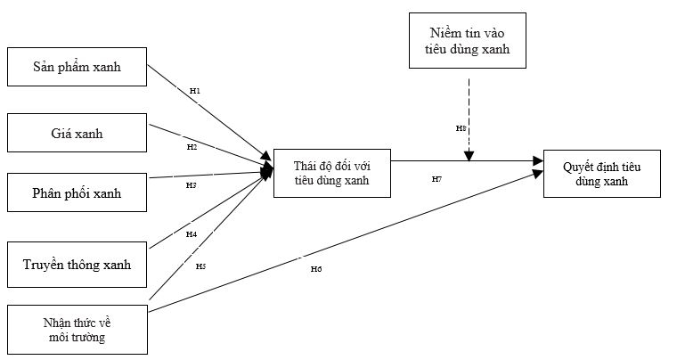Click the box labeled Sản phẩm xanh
(x=77, y=66)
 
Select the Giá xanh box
(x=77, y=133)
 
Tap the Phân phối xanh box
(x=77, y=192)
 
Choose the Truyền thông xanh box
(x=77, y=264)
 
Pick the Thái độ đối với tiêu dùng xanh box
(x=331, y=173)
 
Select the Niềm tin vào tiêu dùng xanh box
(x=465, y=41)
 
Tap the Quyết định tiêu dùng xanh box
(x=601, y=173)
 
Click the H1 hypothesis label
(x=195, y=91)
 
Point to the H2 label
(x=192, y=146)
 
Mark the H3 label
(x=191, y=185)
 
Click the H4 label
(x=191, y=234)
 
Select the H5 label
(x=200, y=266)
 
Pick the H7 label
(x=436, y=179)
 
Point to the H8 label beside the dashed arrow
(x=461, y=128)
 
